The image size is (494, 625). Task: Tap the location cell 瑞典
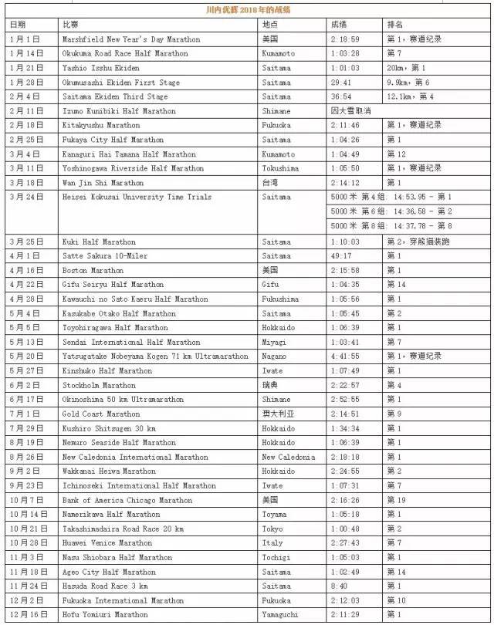pyautogui.click(x=270, y=385)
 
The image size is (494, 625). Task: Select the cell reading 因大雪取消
pyautogui.click(x=350, y=111)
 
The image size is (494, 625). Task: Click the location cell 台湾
pyautogui.click(x=270, y=183)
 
